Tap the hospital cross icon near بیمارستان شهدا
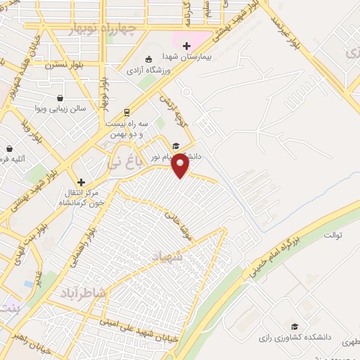pyautogui.click(x=186, y=46)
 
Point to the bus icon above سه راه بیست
pyautogui.click(x=126, y=111)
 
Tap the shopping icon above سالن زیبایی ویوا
pyautogui.click(x=60, y=98)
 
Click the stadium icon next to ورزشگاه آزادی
pyautogui.click(x=148, y=60)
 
